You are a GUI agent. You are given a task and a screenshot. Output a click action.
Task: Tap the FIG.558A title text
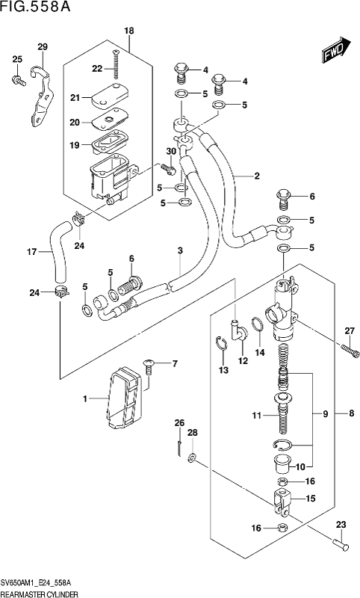(35, 7)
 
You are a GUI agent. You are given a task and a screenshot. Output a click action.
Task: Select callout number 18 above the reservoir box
(129, 31)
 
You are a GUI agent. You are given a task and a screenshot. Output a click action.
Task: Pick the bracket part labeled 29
(41, 96)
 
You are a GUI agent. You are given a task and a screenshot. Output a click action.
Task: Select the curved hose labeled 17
(58, 252)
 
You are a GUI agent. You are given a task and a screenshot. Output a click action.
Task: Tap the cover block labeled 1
(124, 397)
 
